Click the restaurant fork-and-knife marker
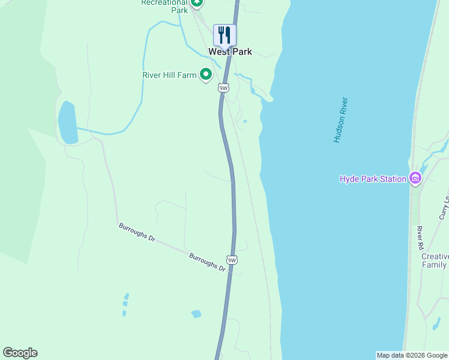pos(225,35)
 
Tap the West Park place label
pos(230,52)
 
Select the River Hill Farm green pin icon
pos(205,75)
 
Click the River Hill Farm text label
pos(169,75)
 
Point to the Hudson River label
pos(341,120)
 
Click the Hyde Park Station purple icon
pos(415,178)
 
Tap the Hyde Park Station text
pos(373,179)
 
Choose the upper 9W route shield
pos(224,88)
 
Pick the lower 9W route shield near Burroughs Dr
pos(232,260)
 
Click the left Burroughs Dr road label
pos(137,231)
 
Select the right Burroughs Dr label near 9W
pos(207,262)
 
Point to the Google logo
pos(20,353)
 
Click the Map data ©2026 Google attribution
pos(412,355)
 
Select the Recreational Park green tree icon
pos(196,2)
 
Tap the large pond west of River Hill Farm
pos(68,123)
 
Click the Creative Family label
pos(435,260)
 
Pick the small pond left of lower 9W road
pos(196,314)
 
